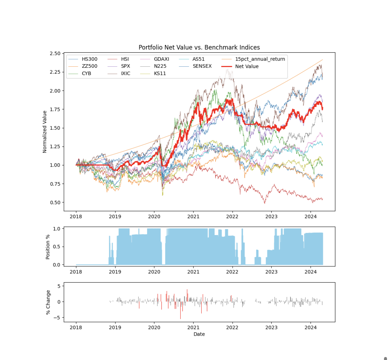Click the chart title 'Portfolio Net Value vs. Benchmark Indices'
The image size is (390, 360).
[199, 47]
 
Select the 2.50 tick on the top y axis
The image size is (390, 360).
[55, 54]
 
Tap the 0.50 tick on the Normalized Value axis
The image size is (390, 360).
[55, 203]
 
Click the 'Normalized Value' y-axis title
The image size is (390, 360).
[45, 132]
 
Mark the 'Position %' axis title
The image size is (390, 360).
[48, 247]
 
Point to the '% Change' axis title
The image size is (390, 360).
[48, 302]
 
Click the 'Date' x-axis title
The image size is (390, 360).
[199, 334]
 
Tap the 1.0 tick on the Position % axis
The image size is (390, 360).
[57, 229]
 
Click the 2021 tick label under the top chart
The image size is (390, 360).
[193, 216]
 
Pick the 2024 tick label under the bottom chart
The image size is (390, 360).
[311, 327]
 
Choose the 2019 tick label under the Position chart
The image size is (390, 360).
[115, 272]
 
